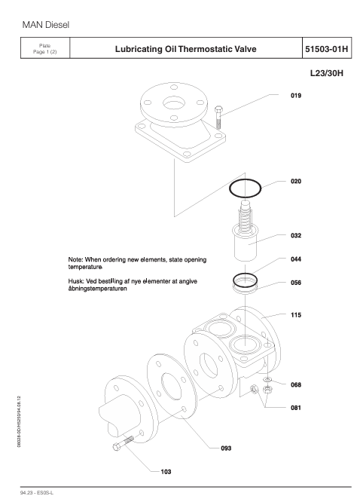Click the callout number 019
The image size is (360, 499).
[x=296, y=96]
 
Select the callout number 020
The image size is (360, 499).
[x=296, y=182]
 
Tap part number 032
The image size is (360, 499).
[x=296, y=235]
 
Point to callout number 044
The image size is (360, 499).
[x=296, y=259]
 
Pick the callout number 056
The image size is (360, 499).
[x=296, y=283]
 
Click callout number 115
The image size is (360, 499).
[x=296, y=315]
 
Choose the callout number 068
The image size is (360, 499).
[x=296, y=384]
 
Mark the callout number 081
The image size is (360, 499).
[x=296, y=408]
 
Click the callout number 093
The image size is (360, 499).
[x=226, y=448]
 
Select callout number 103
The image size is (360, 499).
[x=166, y=472]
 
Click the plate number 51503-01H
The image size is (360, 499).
[x=327, y=49]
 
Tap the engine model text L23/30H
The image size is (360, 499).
[x=327, y=73]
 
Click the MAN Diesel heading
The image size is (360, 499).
[x=45, y=25]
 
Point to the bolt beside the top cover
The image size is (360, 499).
[x=218, y=117]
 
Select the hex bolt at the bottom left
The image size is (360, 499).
[x=123, y=442]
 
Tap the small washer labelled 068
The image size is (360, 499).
[x=267, y=379]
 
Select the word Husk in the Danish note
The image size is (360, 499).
[x=75, y=281]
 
